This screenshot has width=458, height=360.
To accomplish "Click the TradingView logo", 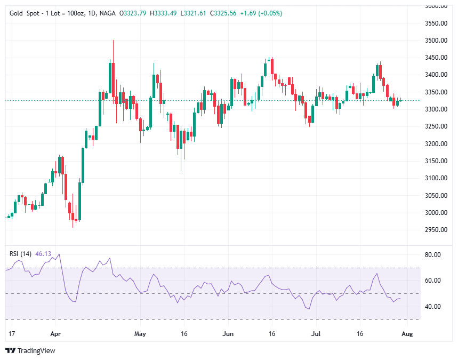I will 30,350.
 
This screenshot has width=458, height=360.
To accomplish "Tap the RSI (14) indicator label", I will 21,254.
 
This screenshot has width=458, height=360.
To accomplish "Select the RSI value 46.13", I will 43,254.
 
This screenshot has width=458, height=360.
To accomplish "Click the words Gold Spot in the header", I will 24,13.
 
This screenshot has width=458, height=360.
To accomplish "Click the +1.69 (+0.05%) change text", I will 262,13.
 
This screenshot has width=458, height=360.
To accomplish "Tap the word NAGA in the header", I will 107,13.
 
